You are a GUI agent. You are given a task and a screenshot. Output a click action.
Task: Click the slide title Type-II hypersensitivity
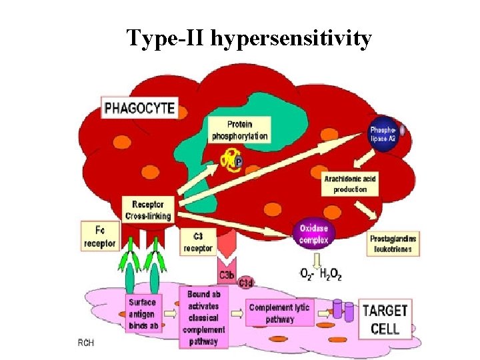click(249, 39)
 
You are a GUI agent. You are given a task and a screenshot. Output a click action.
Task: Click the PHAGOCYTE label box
click(139, 107)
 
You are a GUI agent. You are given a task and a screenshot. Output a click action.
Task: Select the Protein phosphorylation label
click(239, 131)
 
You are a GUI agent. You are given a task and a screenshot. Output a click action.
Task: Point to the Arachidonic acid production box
click(350, 185)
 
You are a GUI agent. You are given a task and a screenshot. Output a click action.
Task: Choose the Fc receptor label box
click(100, 237)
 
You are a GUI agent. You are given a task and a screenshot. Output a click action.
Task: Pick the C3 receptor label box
click(197, 243)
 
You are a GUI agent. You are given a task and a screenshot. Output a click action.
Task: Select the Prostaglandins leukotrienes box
click(393, 244)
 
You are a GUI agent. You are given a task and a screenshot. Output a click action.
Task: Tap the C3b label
click(227, 275)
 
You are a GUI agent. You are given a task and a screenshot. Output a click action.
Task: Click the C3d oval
click(246, 283)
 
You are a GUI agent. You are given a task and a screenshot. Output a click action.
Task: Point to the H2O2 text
click(329, 275)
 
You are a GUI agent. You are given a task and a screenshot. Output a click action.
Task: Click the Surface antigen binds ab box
click(143, 314)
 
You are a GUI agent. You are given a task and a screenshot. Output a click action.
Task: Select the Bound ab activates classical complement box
click(204, 317)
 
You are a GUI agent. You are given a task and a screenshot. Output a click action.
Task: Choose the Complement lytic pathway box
click(279, 313)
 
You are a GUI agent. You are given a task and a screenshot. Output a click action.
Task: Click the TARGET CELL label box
click(385, 319)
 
